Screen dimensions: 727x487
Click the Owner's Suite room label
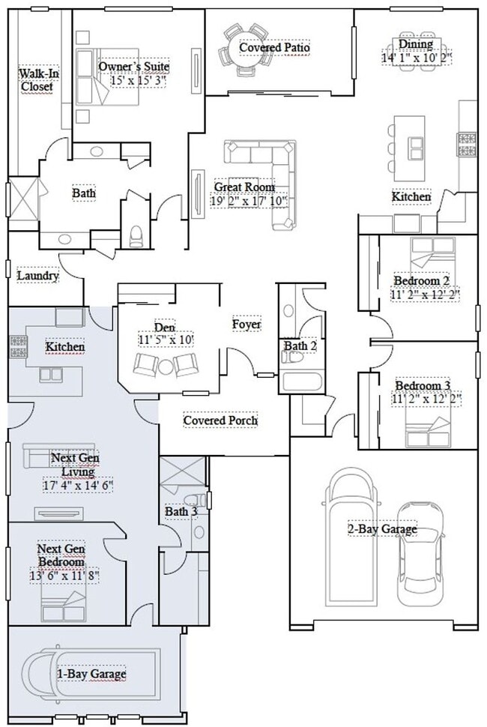[x=133, y=66]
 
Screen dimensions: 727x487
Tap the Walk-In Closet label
[x=36, y=79]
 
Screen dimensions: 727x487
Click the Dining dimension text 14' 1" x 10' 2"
[x=417, y=57]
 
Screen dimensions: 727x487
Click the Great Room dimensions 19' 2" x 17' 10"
[x=244, y=201]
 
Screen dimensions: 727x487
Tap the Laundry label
[x=37, y=276]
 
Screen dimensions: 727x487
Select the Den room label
[x=165, y=327]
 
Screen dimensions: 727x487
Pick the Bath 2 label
[x=299, y=346]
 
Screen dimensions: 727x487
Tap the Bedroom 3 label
[x=423, y=385]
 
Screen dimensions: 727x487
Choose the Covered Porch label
[x=220, y=420]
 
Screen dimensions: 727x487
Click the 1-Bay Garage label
[x=91, y=674]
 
